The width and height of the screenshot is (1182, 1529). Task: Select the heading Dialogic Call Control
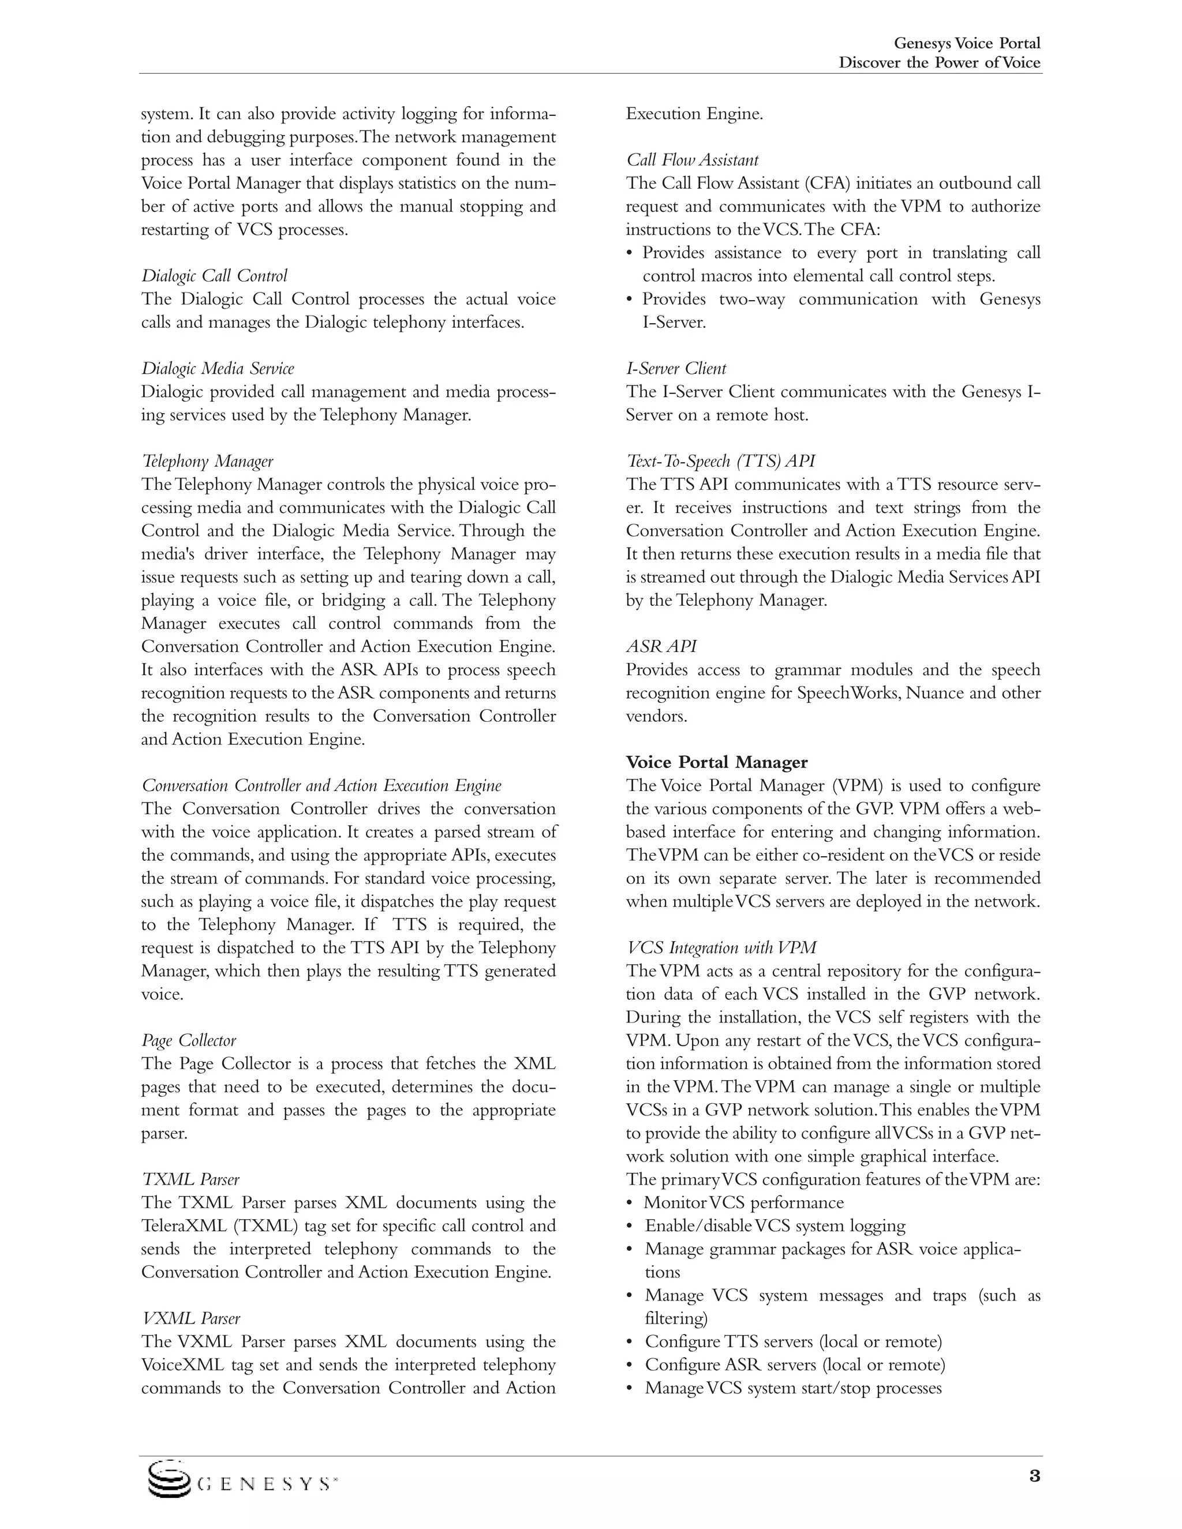click(214, 276)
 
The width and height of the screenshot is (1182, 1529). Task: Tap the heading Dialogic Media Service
click(218, 369)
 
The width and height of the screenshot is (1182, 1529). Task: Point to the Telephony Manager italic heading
click(207, 462)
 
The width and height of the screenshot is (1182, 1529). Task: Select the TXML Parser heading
click(190, 1180)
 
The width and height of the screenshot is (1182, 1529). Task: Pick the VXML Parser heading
click(191, 1318)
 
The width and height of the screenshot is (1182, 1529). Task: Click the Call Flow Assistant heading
click(692, 160)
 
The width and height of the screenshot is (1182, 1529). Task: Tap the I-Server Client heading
click(676, 369)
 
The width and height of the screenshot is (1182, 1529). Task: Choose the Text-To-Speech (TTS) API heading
click(720, 462)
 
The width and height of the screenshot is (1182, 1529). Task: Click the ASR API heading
click(661, 647)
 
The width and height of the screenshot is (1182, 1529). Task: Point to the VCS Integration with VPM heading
click(721, 948)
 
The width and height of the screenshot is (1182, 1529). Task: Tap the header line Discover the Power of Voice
click(940, 63)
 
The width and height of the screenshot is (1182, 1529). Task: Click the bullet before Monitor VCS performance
click(630, 1204)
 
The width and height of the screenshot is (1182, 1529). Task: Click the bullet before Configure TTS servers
click(630, 1342)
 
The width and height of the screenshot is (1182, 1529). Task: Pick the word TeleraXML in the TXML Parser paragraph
click(181, 1226)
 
